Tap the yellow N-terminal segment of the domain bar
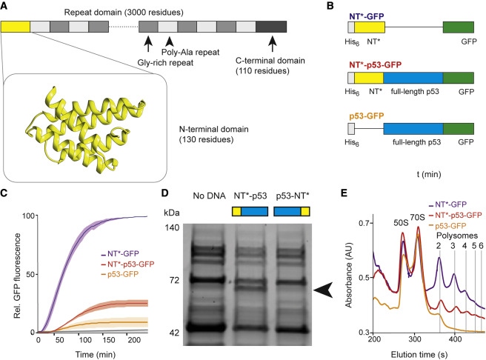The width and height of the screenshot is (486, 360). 16,27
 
